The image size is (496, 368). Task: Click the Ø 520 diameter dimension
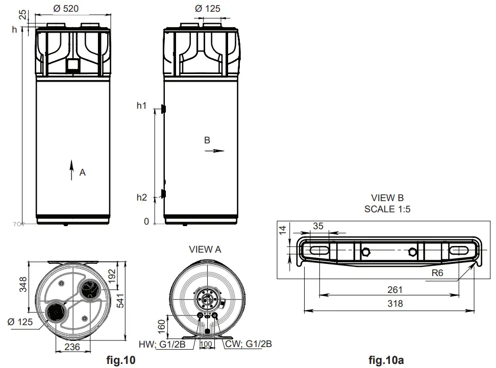67,9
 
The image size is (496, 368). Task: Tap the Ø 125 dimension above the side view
208,9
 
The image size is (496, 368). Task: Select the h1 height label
141,106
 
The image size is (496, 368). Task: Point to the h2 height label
141,198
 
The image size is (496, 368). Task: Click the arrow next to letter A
71,169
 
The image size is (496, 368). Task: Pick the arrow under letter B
218,151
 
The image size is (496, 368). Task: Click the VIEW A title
205,250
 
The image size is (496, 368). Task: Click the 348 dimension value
22,284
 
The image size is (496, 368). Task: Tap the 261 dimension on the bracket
395,290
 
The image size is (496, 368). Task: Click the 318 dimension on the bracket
395,304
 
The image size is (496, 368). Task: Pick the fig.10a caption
386,361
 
